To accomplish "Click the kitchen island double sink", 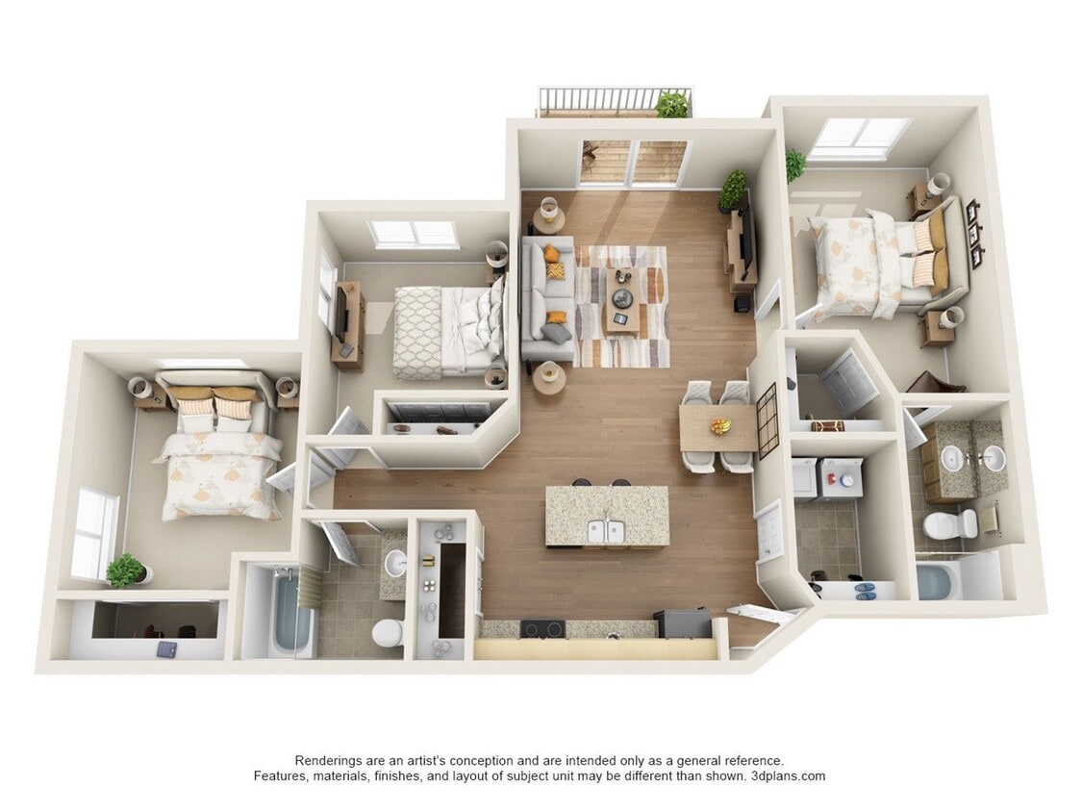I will (606, 530).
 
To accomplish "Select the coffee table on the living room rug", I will (622, 299).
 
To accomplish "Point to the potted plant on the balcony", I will (672, 104).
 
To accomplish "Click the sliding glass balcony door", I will (633, 163).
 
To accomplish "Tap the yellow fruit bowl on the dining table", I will (719, 425).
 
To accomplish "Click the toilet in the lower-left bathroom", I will (387, 633).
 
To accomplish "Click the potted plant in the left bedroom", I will (125, 570).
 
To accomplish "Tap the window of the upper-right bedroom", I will (859, 137).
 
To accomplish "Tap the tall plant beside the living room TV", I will (733, 190).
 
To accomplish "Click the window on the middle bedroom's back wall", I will (414, 233).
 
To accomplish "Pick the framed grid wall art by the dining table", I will (767, 420).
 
